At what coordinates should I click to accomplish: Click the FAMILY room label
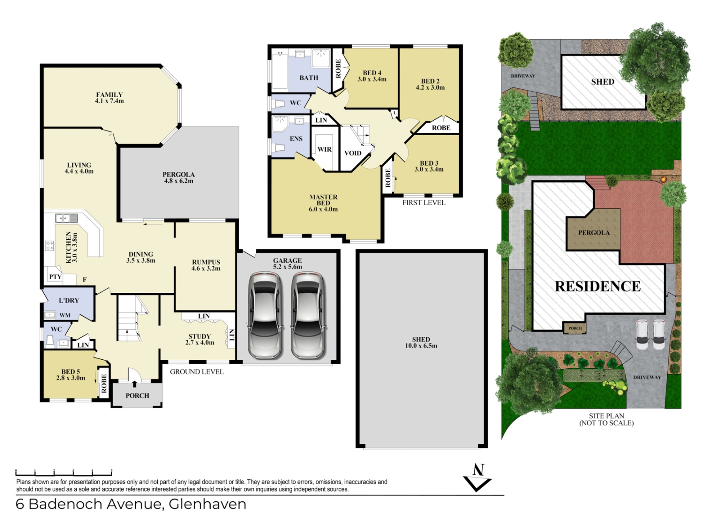point(109,95)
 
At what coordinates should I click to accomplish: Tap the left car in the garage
point(265,315)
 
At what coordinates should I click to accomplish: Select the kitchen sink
point(66,218)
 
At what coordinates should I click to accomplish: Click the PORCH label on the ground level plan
point(137,395)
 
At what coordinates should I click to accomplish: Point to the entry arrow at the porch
point(134,383)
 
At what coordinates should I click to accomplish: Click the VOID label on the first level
point(353,153)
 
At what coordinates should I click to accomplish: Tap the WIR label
point(325,149)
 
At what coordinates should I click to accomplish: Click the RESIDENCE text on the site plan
point(597,286)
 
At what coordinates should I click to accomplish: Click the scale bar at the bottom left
point(63,473)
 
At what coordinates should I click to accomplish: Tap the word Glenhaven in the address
point(207,504)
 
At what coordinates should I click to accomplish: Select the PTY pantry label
point(55,277)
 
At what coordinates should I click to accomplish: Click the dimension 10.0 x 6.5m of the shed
point(421,346)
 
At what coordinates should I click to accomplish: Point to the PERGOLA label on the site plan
point(594,232)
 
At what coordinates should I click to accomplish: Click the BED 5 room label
point(70,372)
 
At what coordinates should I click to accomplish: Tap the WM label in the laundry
point(65,315)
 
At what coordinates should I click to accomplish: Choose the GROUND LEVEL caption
point(196,372)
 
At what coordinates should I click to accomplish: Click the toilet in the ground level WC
point(50,341)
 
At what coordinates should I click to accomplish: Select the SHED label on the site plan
point(602,82)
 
